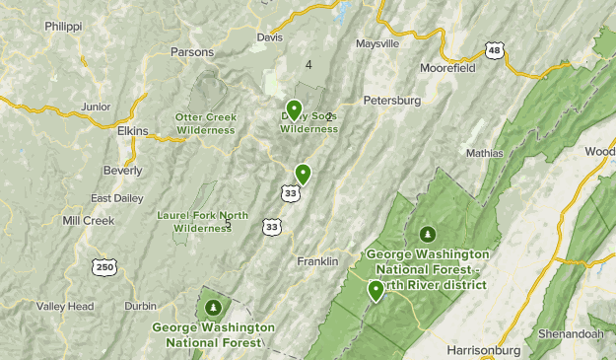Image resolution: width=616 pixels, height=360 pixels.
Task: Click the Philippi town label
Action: [62, 27]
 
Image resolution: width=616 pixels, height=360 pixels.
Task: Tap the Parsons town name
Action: [191, 51]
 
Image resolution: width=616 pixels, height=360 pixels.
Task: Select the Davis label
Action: [269, 37]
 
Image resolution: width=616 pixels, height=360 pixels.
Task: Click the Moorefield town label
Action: [447, 69]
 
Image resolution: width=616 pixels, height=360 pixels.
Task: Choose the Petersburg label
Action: [391, 100]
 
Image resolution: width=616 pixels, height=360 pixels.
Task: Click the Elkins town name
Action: [132, 130]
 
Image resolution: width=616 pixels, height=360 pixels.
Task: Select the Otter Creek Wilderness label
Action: [205, 123]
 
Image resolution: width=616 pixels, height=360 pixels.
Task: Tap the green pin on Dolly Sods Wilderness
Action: [294, 109]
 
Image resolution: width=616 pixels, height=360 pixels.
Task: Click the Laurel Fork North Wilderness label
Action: [203, 222]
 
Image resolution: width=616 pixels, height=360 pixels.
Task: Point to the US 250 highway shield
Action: [104, 266]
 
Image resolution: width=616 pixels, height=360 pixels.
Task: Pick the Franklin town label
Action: [318, 261]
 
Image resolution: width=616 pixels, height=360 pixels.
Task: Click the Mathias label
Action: [484, 153]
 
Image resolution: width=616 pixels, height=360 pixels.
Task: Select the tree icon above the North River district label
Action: [428, 235]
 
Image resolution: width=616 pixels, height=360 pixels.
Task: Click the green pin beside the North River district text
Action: [376, 290]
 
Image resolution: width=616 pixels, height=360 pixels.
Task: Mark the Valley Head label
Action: [65, 307]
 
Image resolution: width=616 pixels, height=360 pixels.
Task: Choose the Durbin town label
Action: [141, 307]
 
